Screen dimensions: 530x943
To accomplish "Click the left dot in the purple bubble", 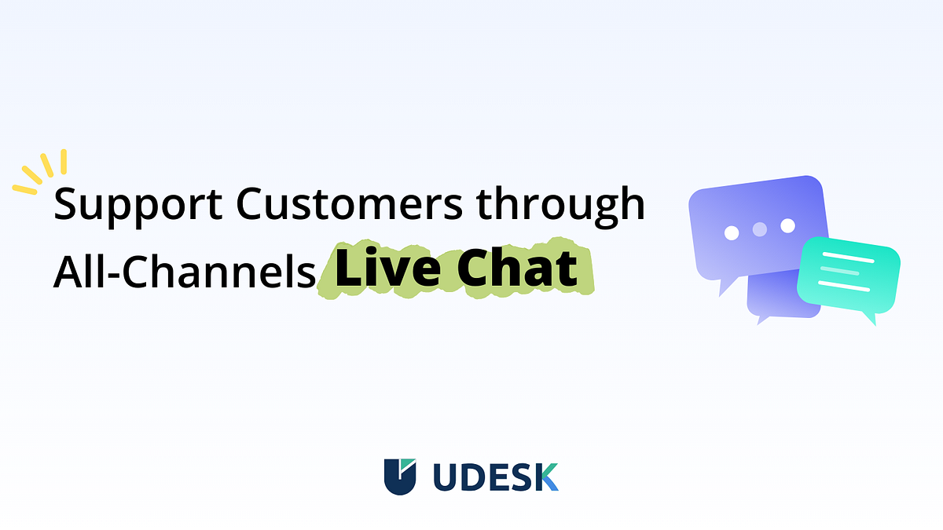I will click(732, 232).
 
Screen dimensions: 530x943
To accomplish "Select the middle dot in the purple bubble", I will click(759, 229).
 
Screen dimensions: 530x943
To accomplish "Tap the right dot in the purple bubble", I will click(787, 226).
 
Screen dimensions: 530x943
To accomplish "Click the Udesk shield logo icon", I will click(400, 477).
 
